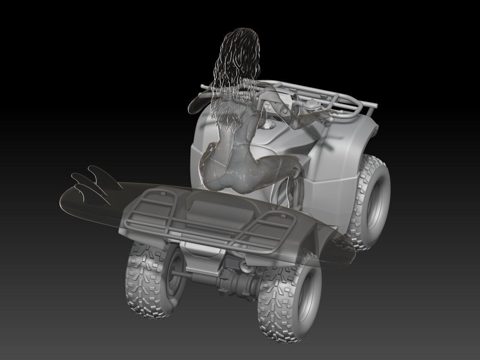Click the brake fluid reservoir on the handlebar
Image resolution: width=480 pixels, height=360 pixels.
pyautogui.click(x=310, y=104)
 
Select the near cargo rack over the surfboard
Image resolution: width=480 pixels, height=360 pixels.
pyautogui.click(x=206, y=219)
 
